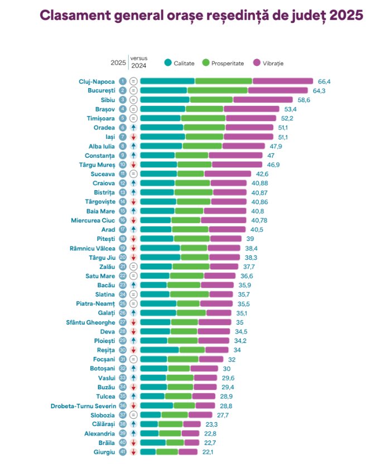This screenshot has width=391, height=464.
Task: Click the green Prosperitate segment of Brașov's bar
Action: [x=204, y=109]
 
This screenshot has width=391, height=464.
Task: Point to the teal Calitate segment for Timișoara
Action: [x=160, y=118]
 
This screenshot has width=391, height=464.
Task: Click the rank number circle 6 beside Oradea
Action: [x=123, y=128]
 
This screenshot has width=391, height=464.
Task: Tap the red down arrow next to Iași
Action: [x=133, y=137]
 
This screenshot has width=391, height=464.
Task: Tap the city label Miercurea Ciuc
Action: [x=90, y=220]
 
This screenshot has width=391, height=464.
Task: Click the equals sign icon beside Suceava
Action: [x=133, y=173]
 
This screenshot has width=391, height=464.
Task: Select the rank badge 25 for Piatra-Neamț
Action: [x=123, y=303]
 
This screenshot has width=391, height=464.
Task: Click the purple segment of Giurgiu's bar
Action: [x=188, y=451]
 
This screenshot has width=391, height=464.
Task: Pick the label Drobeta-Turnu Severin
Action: [x=83, y=405]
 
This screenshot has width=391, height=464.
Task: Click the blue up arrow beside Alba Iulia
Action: [x=133, y=146]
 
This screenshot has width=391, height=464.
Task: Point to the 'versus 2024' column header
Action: [x=138, y=61]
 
